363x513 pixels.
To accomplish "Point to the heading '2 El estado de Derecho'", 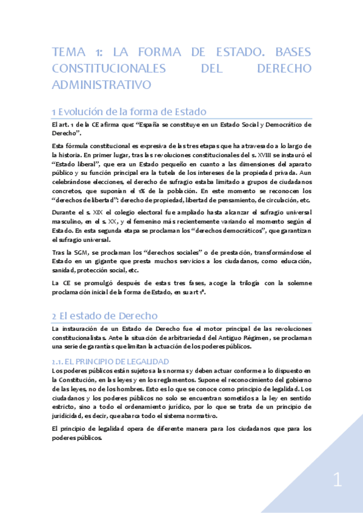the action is pos(105,316).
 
